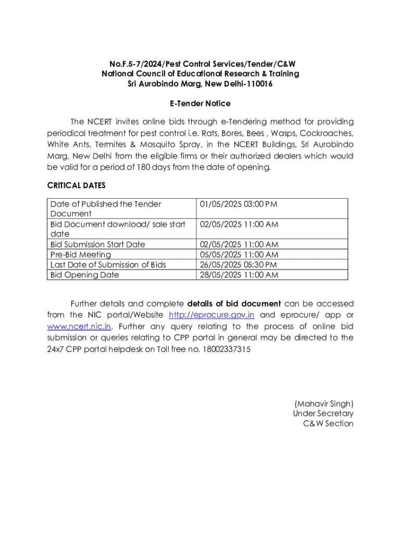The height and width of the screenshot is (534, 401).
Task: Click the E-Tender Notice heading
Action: pos(200,104)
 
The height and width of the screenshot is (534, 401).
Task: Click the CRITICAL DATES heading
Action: pos(76,186)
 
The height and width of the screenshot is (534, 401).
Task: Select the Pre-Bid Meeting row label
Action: pos(81,254)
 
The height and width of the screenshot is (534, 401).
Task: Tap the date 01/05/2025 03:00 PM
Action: pos(239,204)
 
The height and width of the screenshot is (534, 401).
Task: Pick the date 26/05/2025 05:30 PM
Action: pos(239,264)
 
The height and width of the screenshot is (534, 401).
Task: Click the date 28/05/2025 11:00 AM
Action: pos(239,275)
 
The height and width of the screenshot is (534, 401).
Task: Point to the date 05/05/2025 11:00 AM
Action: pos(239,254)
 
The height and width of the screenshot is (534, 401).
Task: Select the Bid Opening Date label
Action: pos(84,275)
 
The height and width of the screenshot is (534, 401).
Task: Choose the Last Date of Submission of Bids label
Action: pos(108,264)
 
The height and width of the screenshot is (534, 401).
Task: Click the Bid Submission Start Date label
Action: pos(97,244)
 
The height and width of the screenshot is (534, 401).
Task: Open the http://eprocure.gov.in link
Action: pos(211,315)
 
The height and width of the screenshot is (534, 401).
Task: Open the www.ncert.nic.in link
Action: pos(79,326)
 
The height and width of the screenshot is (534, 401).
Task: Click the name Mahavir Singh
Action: pos(324,404)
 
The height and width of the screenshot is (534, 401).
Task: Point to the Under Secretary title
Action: pos(323,414)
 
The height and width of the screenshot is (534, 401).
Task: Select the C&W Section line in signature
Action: pos(328,423)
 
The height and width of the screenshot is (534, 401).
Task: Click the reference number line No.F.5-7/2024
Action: pos(200,64)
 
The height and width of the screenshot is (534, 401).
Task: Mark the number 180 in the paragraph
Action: pos(144,167)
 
